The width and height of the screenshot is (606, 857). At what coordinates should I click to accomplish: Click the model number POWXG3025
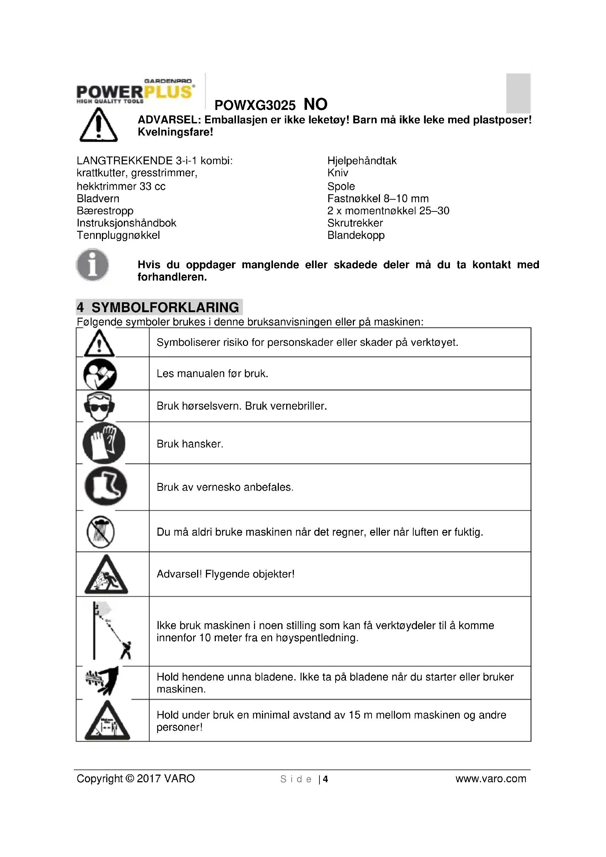(255, 106)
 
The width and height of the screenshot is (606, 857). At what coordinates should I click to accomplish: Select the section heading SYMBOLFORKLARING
(165, 307)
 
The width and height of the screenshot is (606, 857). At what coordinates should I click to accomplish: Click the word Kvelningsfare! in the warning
(175, 132)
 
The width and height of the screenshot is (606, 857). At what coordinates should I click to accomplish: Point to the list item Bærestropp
(105, 211)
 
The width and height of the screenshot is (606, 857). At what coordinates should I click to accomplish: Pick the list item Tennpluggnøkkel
(118, 235)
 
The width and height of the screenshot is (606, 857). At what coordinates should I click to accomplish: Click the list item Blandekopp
(356, 235)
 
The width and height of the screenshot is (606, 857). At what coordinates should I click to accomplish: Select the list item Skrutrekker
(355, 223)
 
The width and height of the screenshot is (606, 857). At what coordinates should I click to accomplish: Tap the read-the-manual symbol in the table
(100, 374)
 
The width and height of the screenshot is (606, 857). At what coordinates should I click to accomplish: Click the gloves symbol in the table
(104, 443)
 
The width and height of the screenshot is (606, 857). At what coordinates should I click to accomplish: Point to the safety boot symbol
(106, 486)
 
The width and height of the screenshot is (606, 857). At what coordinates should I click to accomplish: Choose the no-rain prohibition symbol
(100, 532)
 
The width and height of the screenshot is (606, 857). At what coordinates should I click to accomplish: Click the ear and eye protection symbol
(99, 406)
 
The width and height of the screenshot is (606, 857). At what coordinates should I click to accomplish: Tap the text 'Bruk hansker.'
(190, 444)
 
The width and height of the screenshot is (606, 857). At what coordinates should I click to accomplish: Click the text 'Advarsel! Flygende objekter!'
(225, 574)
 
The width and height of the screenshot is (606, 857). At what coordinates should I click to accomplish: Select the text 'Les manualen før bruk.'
(213, 374)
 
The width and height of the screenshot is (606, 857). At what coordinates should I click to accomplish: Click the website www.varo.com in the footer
(491, 779)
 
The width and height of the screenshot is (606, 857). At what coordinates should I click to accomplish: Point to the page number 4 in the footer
(325, 779)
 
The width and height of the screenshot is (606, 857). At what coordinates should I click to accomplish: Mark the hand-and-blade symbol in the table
(102, 680)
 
